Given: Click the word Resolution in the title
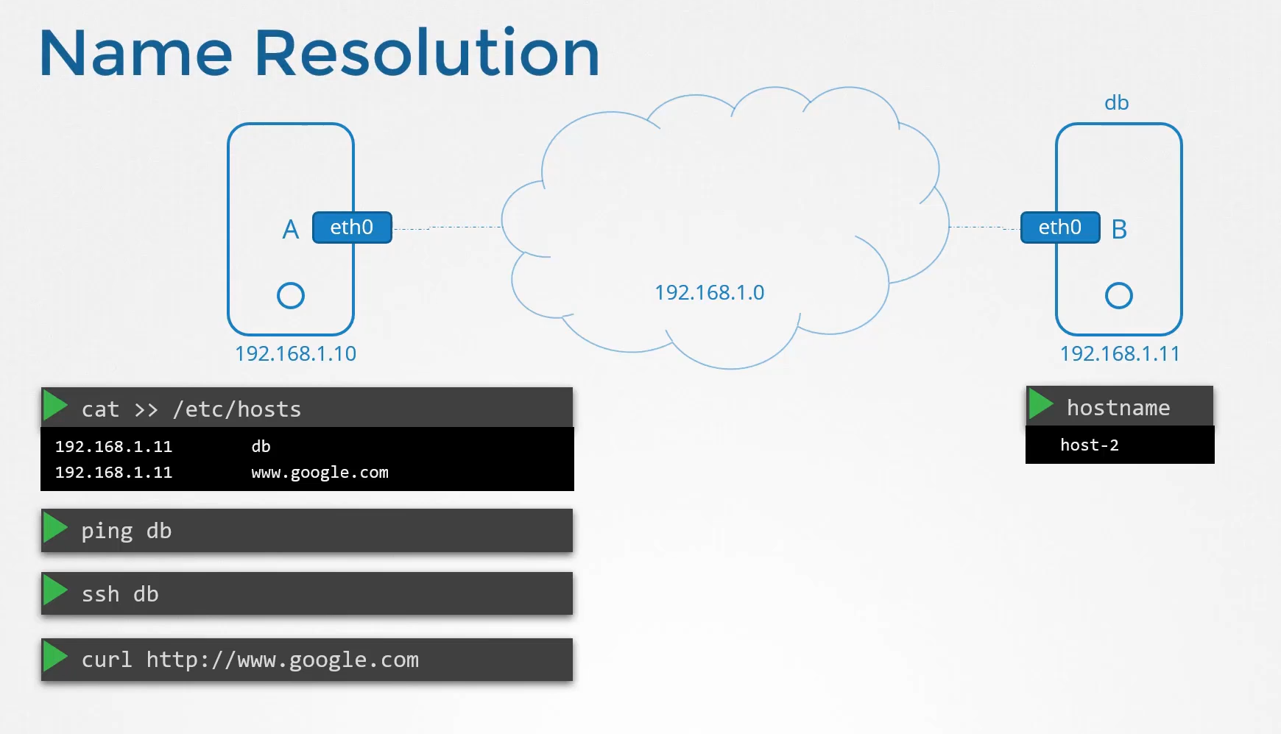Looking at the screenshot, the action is point(427,52).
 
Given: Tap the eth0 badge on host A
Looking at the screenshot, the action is point(352,227).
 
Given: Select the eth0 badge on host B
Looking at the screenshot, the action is point(1060,227).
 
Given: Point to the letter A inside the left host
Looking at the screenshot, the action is point(291,230).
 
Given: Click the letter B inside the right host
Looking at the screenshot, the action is point(1119,230).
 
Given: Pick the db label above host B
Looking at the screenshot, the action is point(1117,102).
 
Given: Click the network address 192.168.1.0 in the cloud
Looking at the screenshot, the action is point(710,293).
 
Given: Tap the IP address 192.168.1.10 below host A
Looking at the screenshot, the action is point(296,354).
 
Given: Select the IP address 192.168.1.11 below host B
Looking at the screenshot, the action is point(1120,354).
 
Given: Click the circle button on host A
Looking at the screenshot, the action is point(291,283).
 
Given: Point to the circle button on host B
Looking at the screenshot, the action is point(1119,283).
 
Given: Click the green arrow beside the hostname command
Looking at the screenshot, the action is point(1041,404).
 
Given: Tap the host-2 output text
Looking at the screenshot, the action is point(1090,445).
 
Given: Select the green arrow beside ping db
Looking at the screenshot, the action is point(55,528).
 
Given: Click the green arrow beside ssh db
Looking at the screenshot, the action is point(55,590).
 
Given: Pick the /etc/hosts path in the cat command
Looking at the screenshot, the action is point(237,409).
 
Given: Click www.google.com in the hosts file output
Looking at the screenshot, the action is point(320,473).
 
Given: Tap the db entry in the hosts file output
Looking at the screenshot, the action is point(261,446).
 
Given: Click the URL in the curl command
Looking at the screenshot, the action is point(283,660).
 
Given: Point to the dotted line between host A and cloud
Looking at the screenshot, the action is point(448,227).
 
